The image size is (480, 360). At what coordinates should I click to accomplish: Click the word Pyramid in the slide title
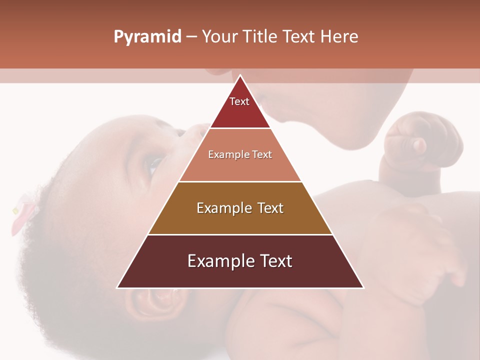point(147,37)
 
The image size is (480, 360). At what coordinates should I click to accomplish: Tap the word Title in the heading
point(260,37)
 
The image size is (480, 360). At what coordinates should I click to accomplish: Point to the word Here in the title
point(339,37)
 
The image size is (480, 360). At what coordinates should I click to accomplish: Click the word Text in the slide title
point(299,37)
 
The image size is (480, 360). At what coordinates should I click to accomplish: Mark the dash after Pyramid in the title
point(191,37)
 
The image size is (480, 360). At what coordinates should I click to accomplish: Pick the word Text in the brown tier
point(270,208)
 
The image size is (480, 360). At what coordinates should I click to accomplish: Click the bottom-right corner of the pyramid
point(363,287)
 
